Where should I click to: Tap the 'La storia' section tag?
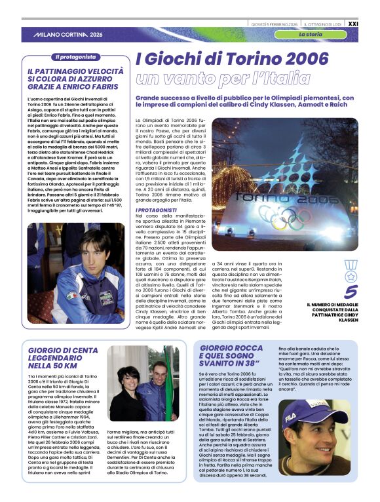coord(310,33)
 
